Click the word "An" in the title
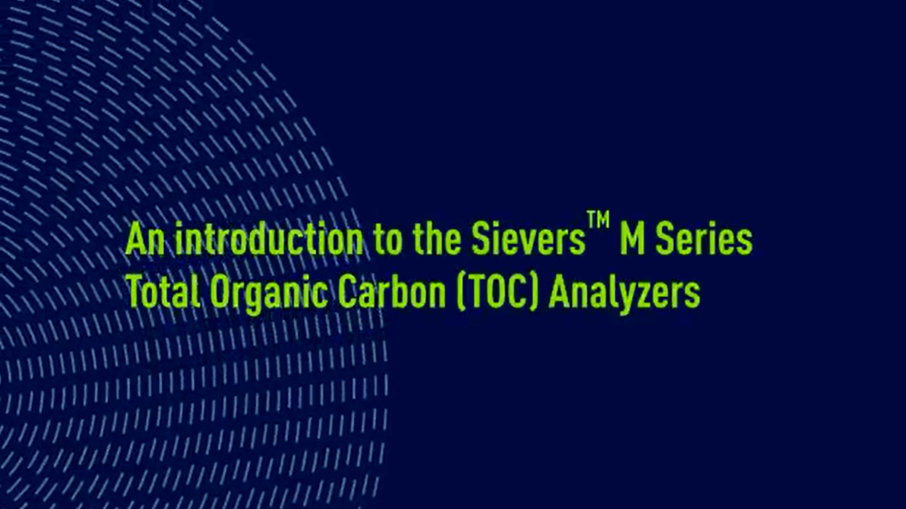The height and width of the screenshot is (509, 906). (145, 239)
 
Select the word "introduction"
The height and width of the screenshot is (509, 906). (268, 239)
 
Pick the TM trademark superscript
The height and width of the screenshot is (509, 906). (598, 220)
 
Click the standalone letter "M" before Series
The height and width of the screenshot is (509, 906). (632, 239)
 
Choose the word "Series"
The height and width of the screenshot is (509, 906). (703, 239)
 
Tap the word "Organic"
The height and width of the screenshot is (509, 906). (268, 293)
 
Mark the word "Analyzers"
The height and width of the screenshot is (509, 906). (624, 293)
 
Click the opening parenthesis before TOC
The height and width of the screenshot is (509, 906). (460, 293)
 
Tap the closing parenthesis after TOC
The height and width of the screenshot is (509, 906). (534, 293)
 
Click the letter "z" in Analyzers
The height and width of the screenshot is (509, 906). (647, 295)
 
